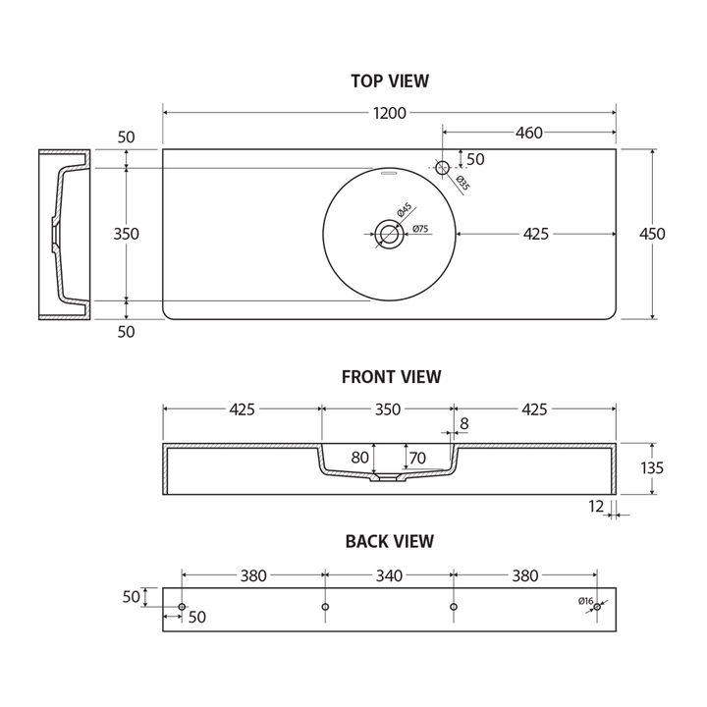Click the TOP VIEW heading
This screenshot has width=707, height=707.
[389, 82]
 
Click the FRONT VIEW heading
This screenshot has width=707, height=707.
[391, 376]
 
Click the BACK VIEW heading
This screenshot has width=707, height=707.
[389, 541]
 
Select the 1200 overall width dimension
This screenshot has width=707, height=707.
[389, 113]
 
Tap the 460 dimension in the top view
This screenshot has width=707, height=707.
[528, 133]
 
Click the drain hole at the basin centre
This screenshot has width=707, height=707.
[389, 234]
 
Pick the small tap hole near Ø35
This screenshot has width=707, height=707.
[442, 168]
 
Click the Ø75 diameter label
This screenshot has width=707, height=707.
[419, 229]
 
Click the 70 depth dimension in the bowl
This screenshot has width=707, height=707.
[417, 457]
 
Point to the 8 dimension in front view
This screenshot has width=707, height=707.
[463, 423]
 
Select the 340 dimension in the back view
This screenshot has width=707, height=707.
[389, 576]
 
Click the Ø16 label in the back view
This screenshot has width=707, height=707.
[585, 600]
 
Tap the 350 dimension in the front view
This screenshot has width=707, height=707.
[388, 409]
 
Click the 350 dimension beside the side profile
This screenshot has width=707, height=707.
[126, 234]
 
